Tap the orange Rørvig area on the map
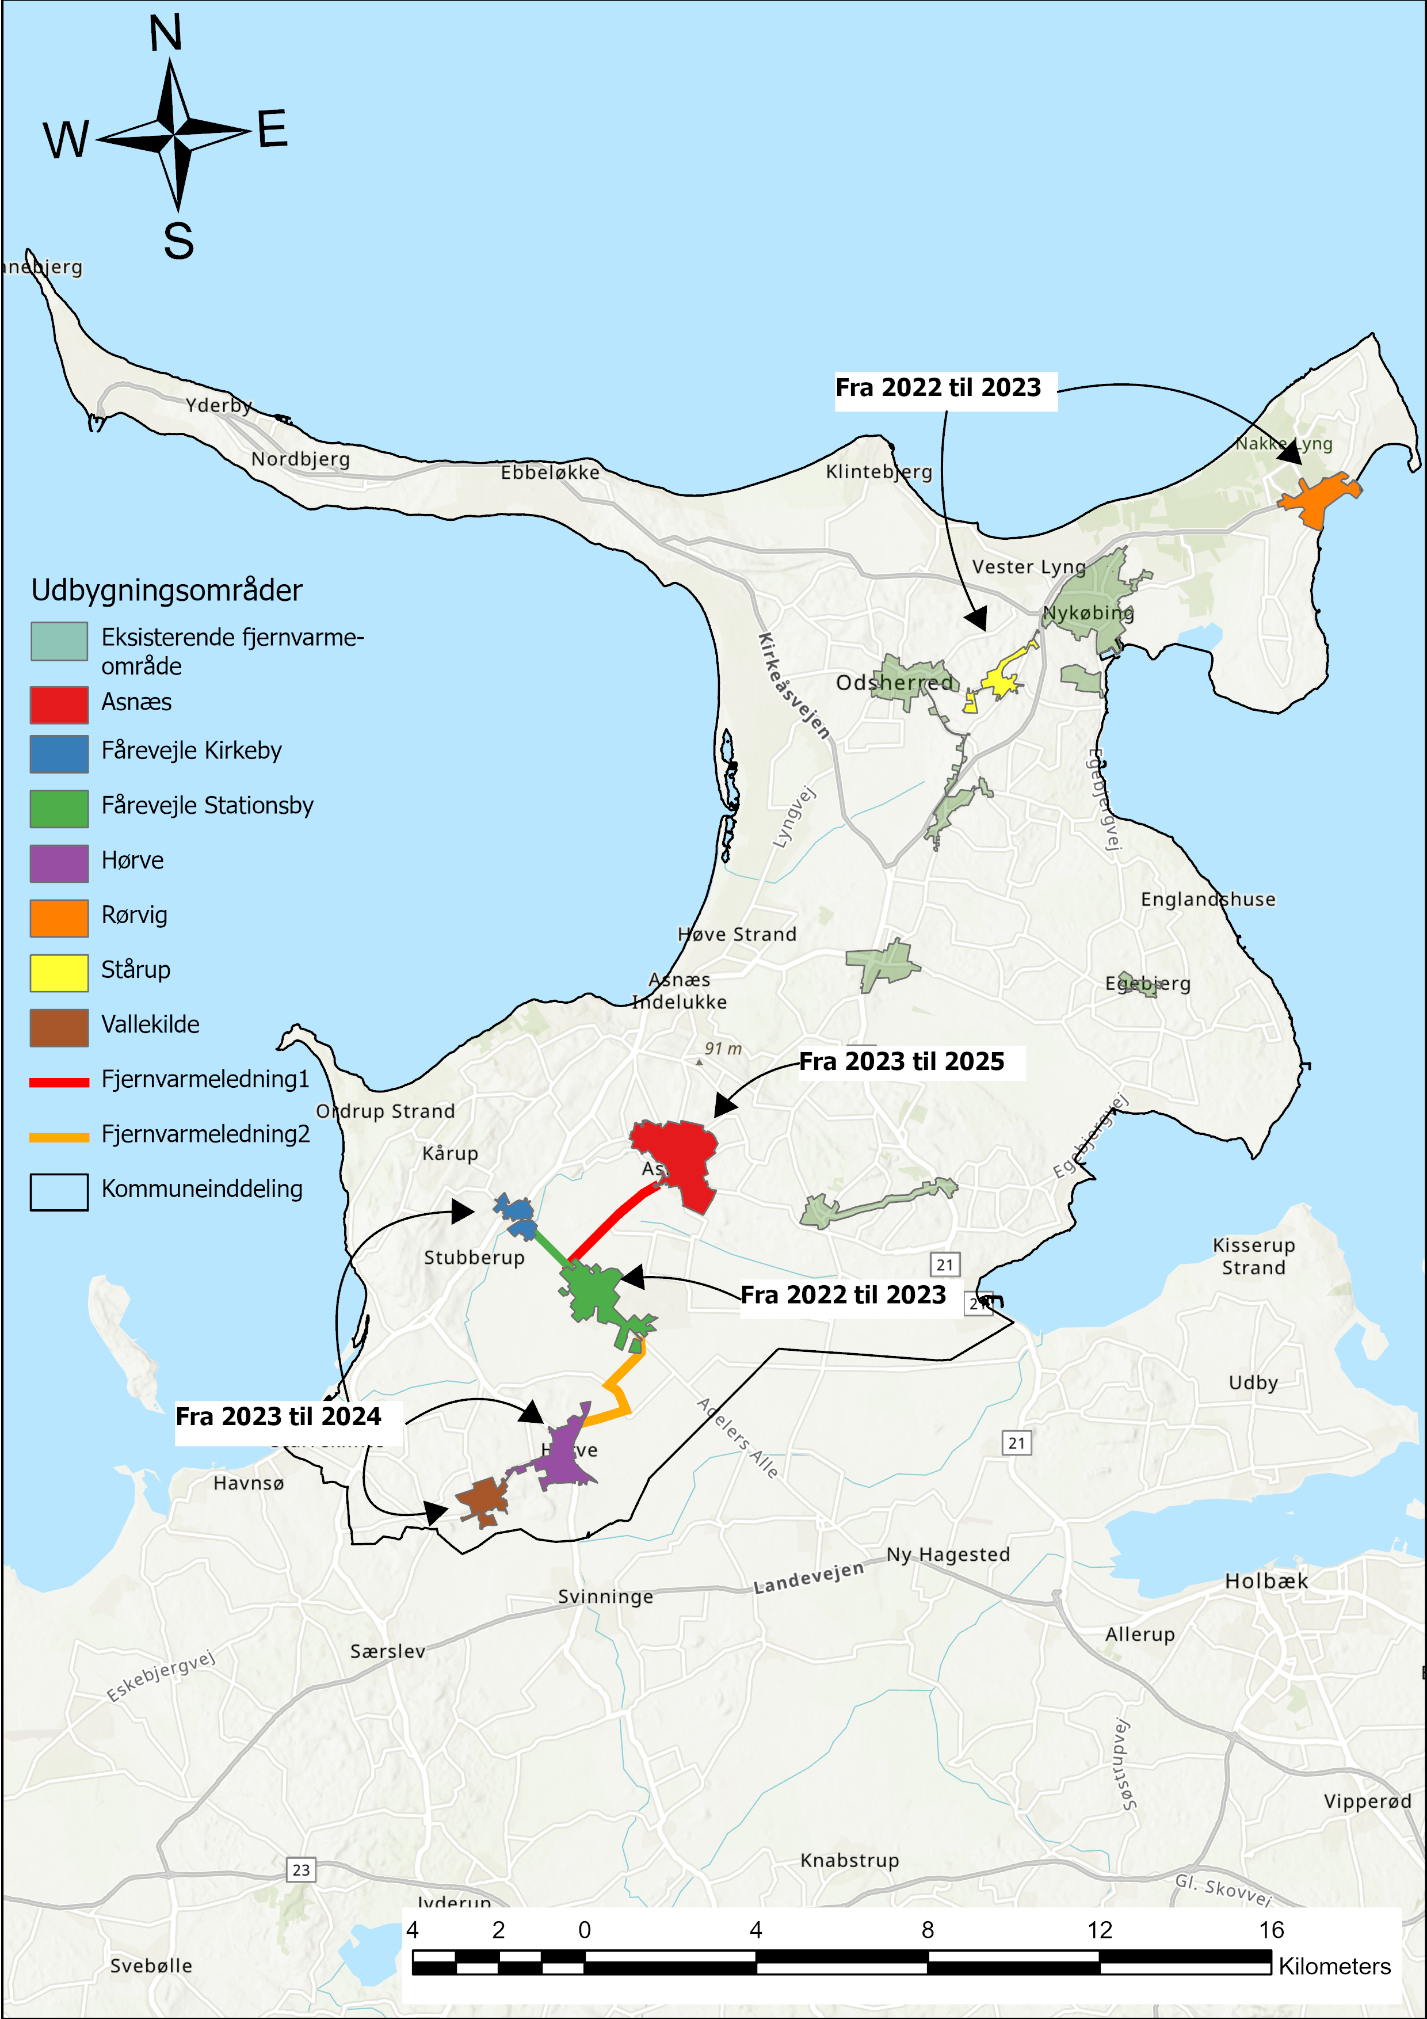click(1316, 500)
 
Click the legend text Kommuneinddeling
click(201, 1189)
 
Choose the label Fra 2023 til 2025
click(901, 1061)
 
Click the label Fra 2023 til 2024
click(278, 1416)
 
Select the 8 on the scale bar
click(927, 1930)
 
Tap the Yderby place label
click(218, 405)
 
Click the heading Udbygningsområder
click(166, 590)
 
